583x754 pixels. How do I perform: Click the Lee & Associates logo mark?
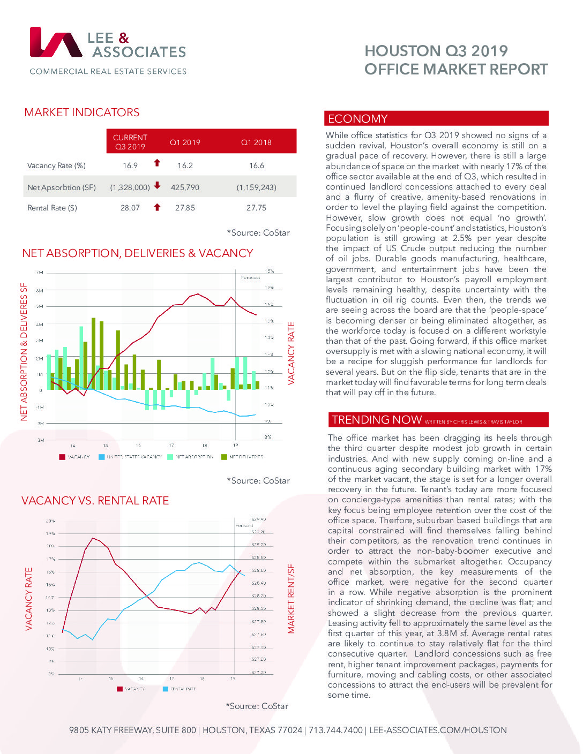[x=56, y=42]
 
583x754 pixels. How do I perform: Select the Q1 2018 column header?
[x=256, y=142]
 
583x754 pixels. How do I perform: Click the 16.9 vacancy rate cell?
[x=130, y=165]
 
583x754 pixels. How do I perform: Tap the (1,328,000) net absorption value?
[x=130, y=187]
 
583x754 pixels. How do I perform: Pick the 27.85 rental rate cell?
[x=185, y=208]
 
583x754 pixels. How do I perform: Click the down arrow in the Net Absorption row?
[x=157, y=186]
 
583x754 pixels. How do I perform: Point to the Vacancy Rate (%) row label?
[x=56, y=165]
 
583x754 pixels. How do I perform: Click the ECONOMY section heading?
[x=357, y=119]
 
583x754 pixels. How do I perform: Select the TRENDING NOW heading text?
[x=376, y=420]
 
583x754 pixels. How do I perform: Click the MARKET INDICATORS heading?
[x=82, y=112]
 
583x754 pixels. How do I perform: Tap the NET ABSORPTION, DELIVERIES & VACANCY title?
[x=137, y=253]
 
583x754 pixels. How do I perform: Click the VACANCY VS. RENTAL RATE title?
[x=95, y=501]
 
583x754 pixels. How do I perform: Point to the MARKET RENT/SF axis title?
[x=291, y=599]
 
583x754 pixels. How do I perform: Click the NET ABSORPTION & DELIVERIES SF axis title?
[x=24, y=351]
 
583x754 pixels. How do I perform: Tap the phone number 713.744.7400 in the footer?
[x=335, y=730]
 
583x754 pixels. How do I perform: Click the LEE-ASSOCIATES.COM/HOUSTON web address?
[x=438, y=730]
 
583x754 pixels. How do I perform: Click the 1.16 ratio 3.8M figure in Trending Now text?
[x=447, y=634]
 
